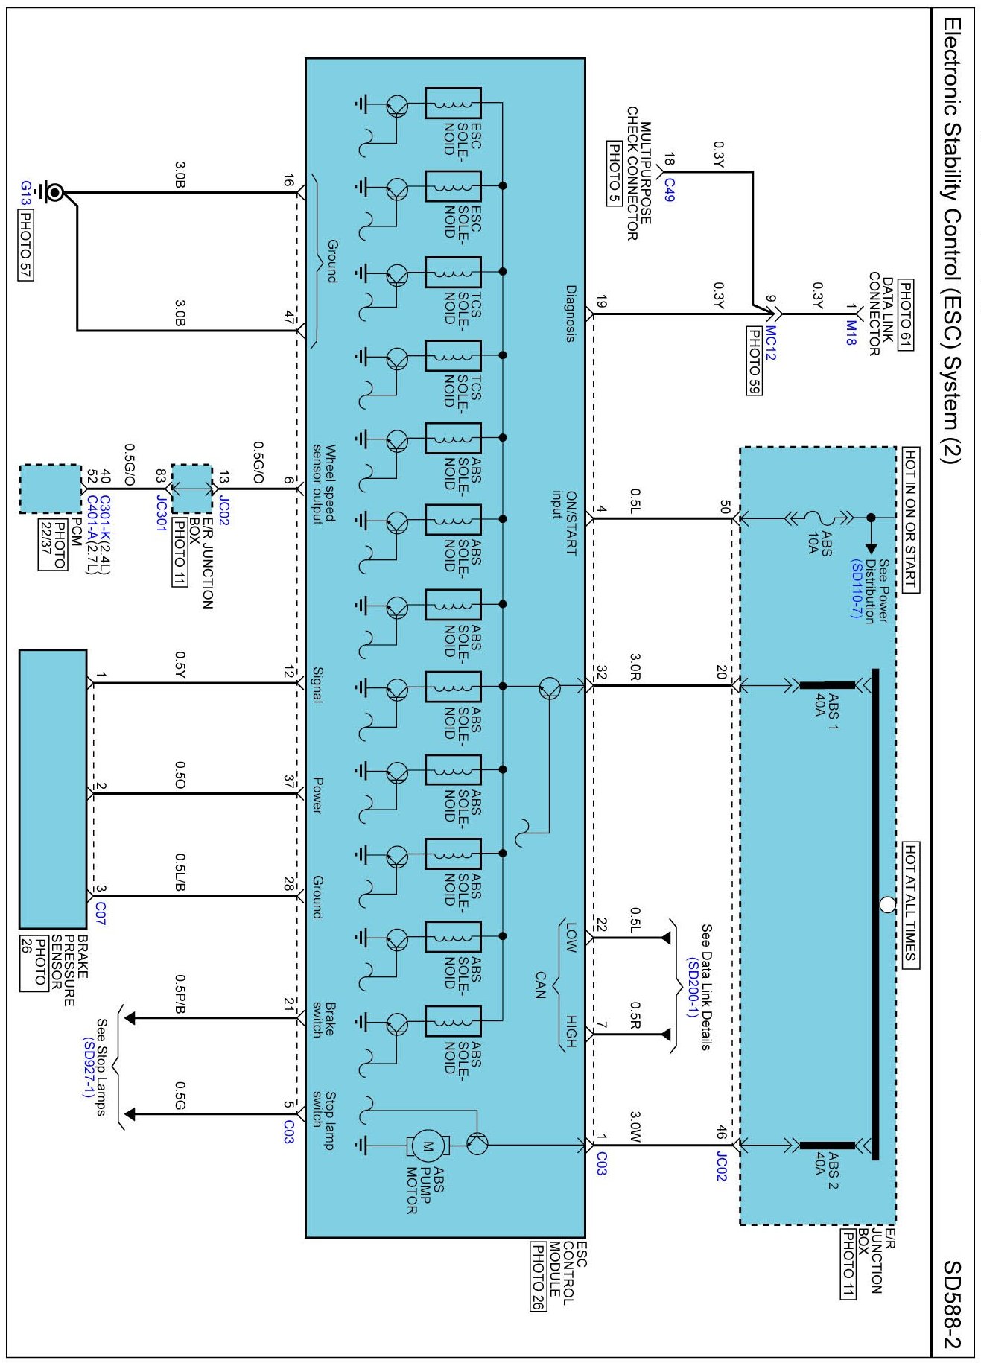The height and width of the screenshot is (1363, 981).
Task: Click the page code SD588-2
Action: (x=952, y=1304)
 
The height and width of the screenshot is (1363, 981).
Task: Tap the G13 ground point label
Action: (x=26, y=192)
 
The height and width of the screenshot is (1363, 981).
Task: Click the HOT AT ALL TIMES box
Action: (x=910, y=905)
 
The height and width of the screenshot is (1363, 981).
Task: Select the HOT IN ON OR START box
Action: (x=910, y=520)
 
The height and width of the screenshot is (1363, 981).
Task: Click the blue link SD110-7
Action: (x=856, y=588)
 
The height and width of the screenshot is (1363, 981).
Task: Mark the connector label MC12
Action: (x=770, y=343)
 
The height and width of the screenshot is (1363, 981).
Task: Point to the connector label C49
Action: (x=669, y=189)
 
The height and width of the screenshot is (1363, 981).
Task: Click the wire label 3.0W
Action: (x=635, y=1126)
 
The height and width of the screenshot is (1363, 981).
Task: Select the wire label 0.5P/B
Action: (x=180, y=994)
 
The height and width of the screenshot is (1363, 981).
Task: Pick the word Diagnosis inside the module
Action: (x=571, y=313)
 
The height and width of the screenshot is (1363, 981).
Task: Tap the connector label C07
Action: (x=101, y=914)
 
